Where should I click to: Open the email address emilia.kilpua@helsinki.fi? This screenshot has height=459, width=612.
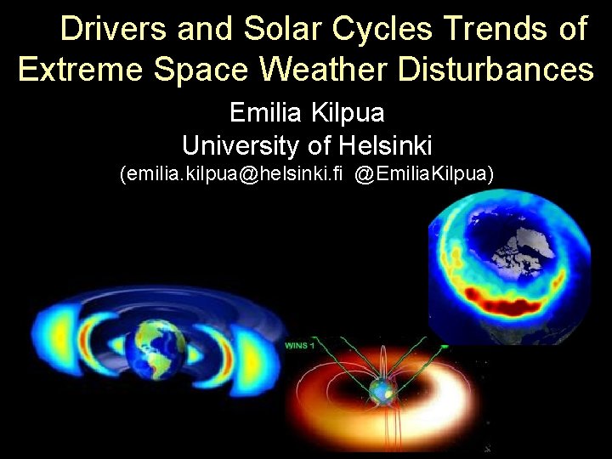pos(232,174)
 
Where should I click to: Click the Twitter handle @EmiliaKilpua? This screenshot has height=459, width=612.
pos(424,174)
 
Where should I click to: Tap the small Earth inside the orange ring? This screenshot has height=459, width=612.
pos(388,392)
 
